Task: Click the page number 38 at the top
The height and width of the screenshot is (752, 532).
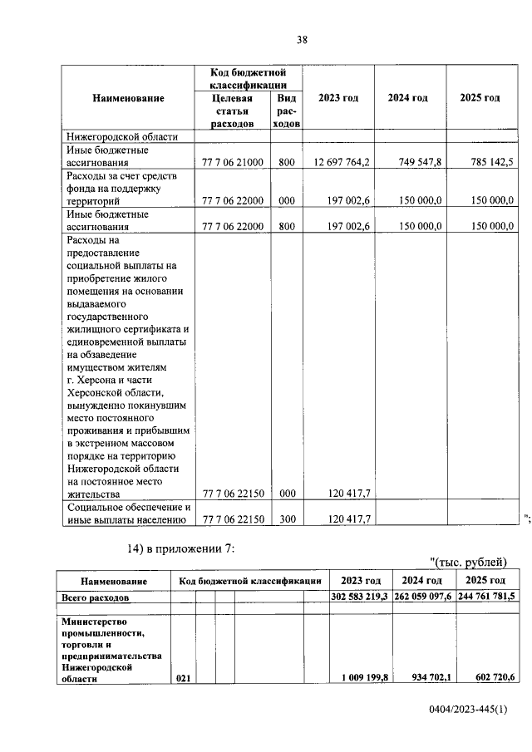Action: click(x=303, y=38)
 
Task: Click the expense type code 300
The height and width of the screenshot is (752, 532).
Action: click(x=288, y=519)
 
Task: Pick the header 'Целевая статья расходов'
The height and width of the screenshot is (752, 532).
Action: click(x=233, y=111)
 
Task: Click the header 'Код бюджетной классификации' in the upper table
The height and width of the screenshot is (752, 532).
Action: click(x=249, y=79)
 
